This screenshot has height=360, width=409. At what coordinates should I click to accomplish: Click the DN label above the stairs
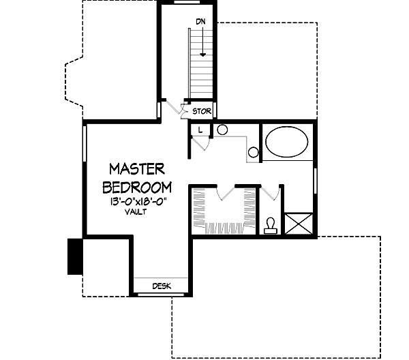click(x=200, y=22)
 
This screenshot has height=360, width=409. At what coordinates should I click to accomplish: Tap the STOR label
click(x=202, y=111)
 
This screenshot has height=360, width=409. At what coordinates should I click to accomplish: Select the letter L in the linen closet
click(x=200, y=129)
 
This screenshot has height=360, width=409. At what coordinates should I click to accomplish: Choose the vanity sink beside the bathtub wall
click(x=253, y=152)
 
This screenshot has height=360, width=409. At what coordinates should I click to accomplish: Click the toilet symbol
click(x=271, y=225)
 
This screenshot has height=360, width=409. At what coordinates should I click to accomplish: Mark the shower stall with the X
click(x=299, y=224)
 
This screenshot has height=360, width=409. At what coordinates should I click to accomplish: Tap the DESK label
click(x=161, y=286)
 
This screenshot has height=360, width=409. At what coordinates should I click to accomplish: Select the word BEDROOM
click(x=136, y=186)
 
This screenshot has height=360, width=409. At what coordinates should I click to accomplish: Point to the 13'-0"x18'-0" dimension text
click(x=137, y=201)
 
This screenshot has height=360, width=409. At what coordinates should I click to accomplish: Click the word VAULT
click(x=136, y=212)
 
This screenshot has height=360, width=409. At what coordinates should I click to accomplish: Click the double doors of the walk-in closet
click(x=225, y=192)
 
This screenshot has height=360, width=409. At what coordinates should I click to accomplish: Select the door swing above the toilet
click(x=271, y=193)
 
